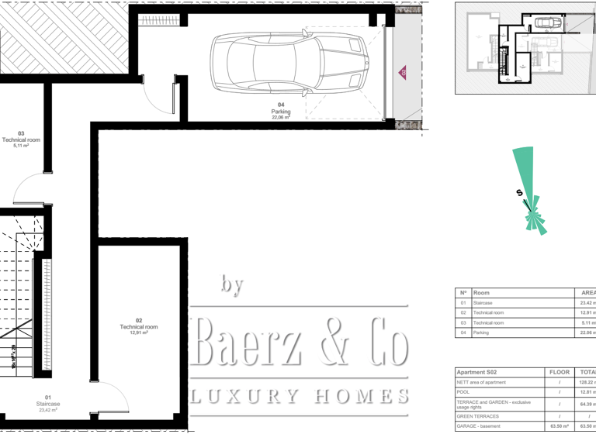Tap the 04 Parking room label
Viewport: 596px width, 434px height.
tap(281, 112)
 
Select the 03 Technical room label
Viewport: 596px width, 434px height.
tap(21, 139)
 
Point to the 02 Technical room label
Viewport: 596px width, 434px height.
tap(139, 326)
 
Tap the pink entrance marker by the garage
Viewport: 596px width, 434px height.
tap(403, 72)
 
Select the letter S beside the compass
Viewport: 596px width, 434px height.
tap(519, 194)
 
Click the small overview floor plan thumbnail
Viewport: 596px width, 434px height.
tap(525, 47)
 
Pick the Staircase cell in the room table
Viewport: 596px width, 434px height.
tap(483, 303)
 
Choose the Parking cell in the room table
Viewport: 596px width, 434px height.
tap(481, 332)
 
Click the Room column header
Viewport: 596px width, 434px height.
tap(481, 293)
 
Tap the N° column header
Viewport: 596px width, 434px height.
tap(463, 293)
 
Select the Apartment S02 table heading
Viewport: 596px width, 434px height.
tap(476, 373)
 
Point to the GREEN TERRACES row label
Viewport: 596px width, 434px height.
tap(476, 416)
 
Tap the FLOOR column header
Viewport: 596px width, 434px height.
tap(559, 373)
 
